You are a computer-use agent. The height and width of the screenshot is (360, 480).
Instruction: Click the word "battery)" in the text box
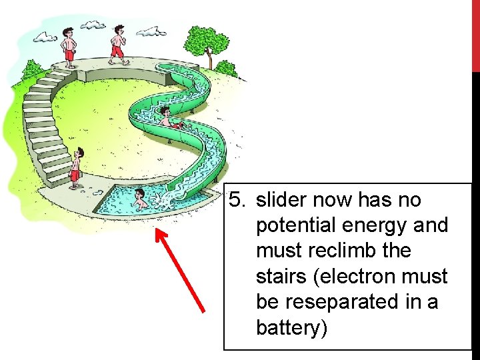291,328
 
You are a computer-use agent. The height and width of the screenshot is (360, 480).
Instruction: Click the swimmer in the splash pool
140,199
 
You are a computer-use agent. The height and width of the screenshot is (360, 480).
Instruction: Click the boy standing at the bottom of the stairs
76,167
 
